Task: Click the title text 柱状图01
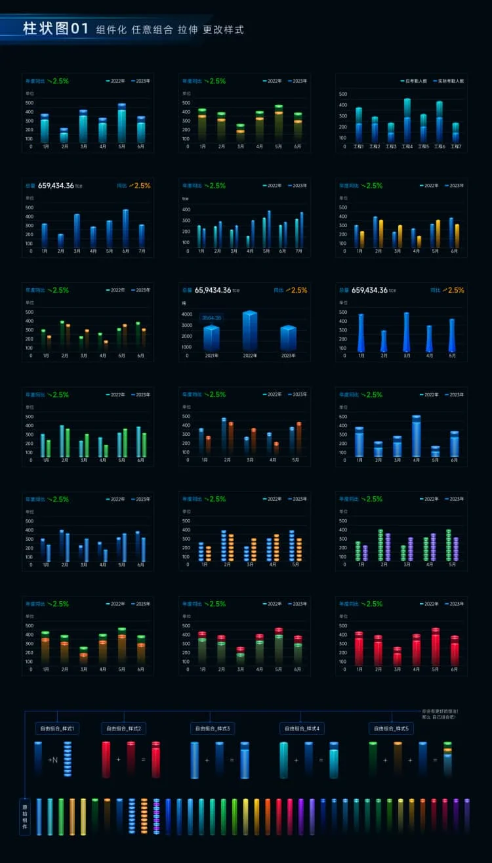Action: pos(55,29)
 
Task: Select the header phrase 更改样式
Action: pos(223,30)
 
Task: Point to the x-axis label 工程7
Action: pos(456,146)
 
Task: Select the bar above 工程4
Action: pos(407,121)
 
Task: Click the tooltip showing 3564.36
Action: pos(211,318)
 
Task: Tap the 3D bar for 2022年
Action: pos(250,331)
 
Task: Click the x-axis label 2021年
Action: pos(211,356)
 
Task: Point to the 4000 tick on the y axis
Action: pos(187,314)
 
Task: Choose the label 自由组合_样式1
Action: pos(57,728)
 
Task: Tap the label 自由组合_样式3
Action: pos(212,728)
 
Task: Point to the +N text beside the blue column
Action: pos(53,760)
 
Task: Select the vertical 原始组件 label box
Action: pos(25,816)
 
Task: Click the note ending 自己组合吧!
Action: pos(440,717)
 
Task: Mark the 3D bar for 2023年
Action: pos(289,338)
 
